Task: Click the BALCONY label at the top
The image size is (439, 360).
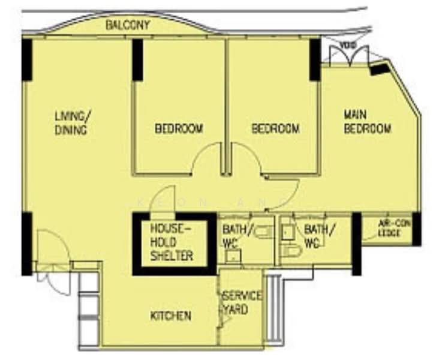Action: (x=127, y=25)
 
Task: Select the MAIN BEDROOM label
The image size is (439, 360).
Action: (x=367, y=121)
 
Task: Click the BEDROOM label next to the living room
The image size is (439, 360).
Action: (x=179, y=128)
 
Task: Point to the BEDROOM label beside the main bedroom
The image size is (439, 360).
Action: (x=275, y=128)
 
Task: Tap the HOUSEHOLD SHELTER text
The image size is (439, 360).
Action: (x=172, y=242)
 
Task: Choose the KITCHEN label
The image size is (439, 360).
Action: (x=171, y=316)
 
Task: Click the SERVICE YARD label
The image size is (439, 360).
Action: (x=241, y=303)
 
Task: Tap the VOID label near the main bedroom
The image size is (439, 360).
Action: (x=347, y=46)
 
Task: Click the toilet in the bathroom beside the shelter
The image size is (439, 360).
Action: (x=262, y=230)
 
